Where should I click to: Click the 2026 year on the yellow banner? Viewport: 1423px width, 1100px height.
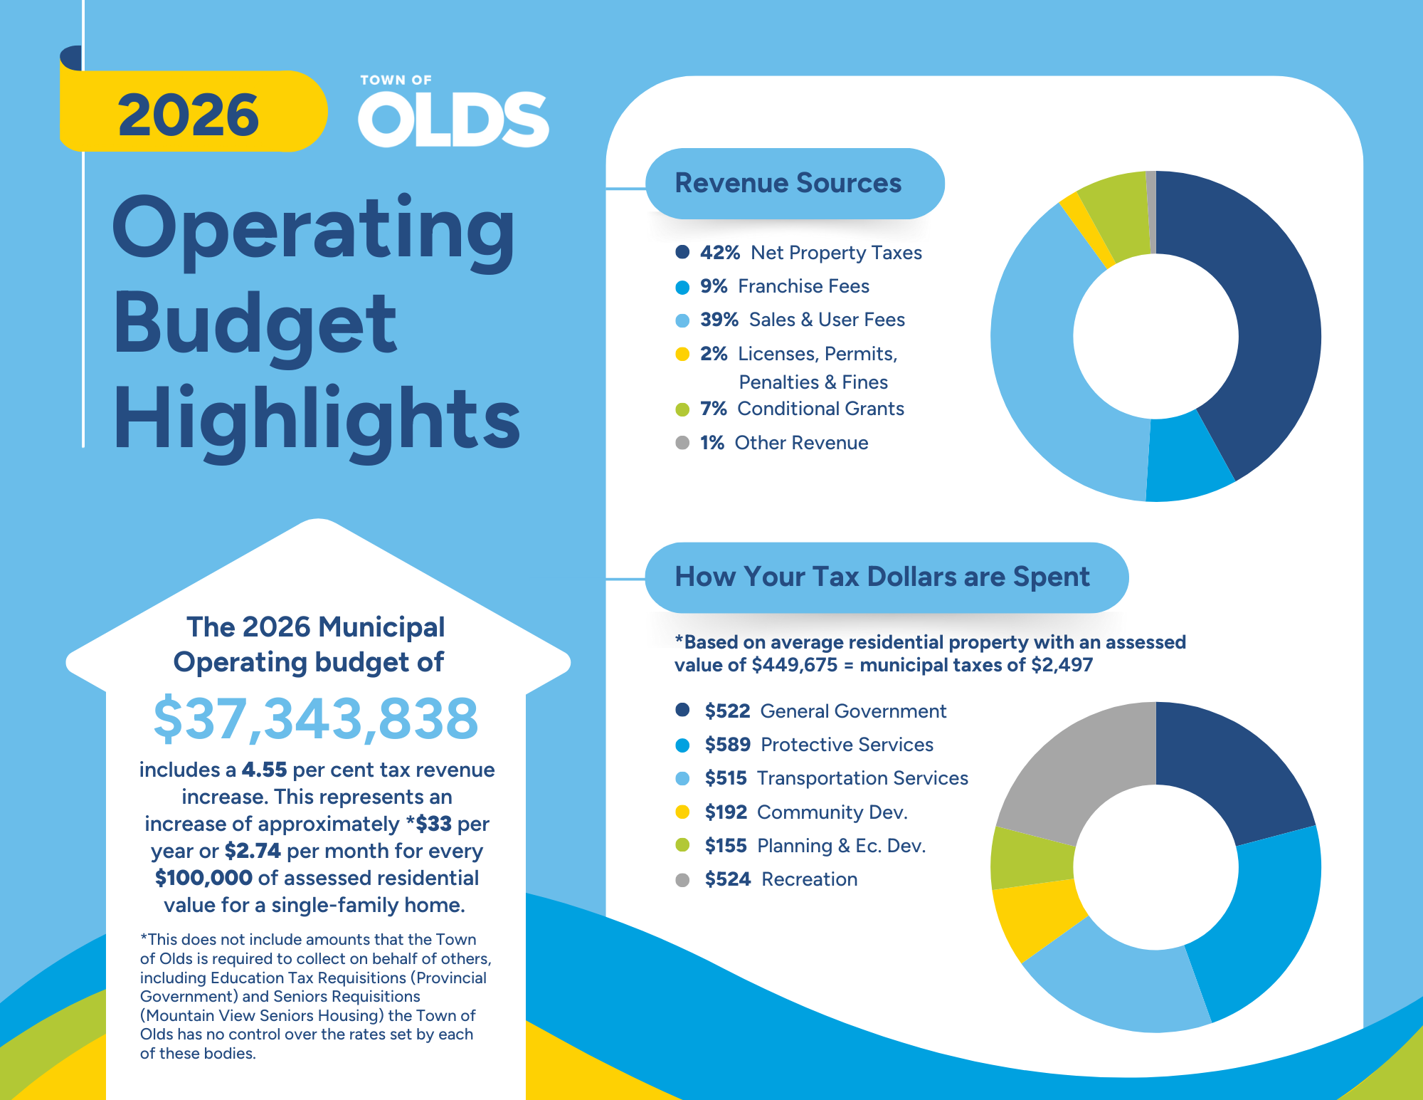(189, 115)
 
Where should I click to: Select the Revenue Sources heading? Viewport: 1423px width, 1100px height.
(788, 183)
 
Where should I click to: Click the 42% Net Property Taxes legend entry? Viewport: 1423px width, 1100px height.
(810, 253)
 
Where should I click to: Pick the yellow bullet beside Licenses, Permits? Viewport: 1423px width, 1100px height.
(682, 354)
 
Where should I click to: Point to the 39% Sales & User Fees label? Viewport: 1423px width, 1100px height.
(802, 320)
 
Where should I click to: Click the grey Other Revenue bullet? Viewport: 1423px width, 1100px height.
(682, 443)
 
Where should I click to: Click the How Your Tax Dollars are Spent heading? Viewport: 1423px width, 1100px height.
(882, 577)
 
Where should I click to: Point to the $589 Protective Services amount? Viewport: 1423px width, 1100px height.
(727, 745)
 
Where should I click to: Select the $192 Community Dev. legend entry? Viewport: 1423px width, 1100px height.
(805, 812)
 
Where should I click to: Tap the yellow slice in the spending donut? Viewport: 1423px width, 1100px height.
(1035, 922)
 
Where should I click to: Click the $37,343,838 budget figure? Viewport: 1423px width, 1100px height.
(316, 718)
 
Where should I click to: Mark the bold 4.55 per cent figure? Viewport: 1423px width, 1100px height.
(264, 770)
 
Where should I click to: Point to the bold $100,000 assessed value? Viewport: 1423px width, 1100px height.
(203, 878)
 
